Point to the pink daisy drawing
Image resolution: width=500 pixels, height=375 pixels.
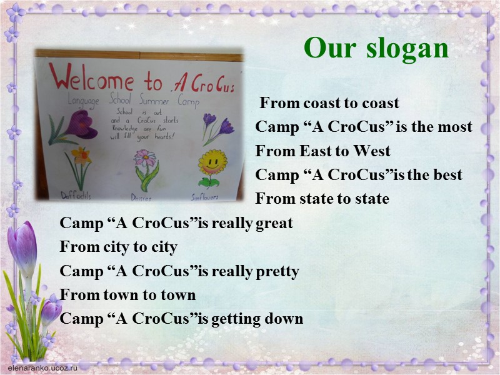146,164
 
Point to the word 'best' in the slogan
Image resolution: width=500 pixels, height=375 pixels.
446,175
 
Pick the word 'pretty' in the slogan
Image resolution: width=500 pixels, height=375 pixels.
277,271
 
